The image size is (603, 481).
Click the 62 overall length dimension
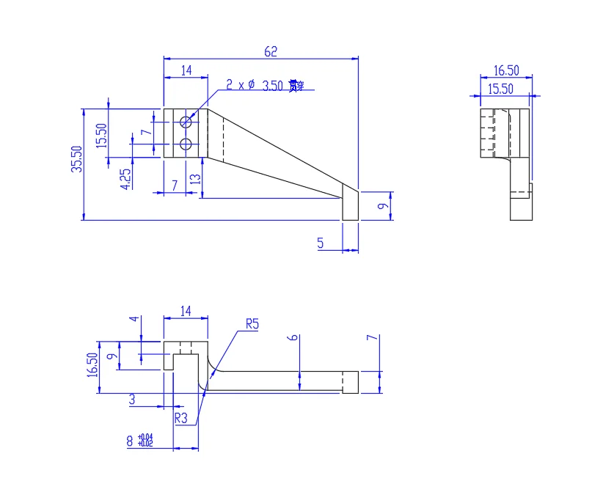271,51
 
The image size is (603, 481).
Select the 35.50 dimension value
76,158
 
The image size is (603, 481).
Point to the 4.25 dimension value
125,179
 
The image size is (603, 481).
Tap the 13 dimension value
194,179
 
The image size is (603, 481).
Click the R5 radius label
252,323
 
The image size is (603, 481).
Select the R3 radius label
181,418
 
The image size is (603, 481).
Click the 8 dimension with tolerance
130,441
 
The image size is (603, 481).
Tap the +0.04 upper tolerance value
145,438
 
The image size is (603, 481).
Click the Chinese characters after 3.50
295,85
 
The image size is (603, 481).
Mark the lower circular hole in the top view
186,144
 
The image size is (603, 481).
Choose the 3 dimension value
132,400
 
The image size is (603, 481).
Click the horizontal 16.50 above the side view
506,70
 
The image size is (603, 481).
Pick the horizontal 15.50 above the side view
501,89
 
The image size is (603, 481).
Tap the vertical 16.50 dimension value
92,364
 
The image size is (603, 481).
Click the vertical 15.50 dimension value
101,136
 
